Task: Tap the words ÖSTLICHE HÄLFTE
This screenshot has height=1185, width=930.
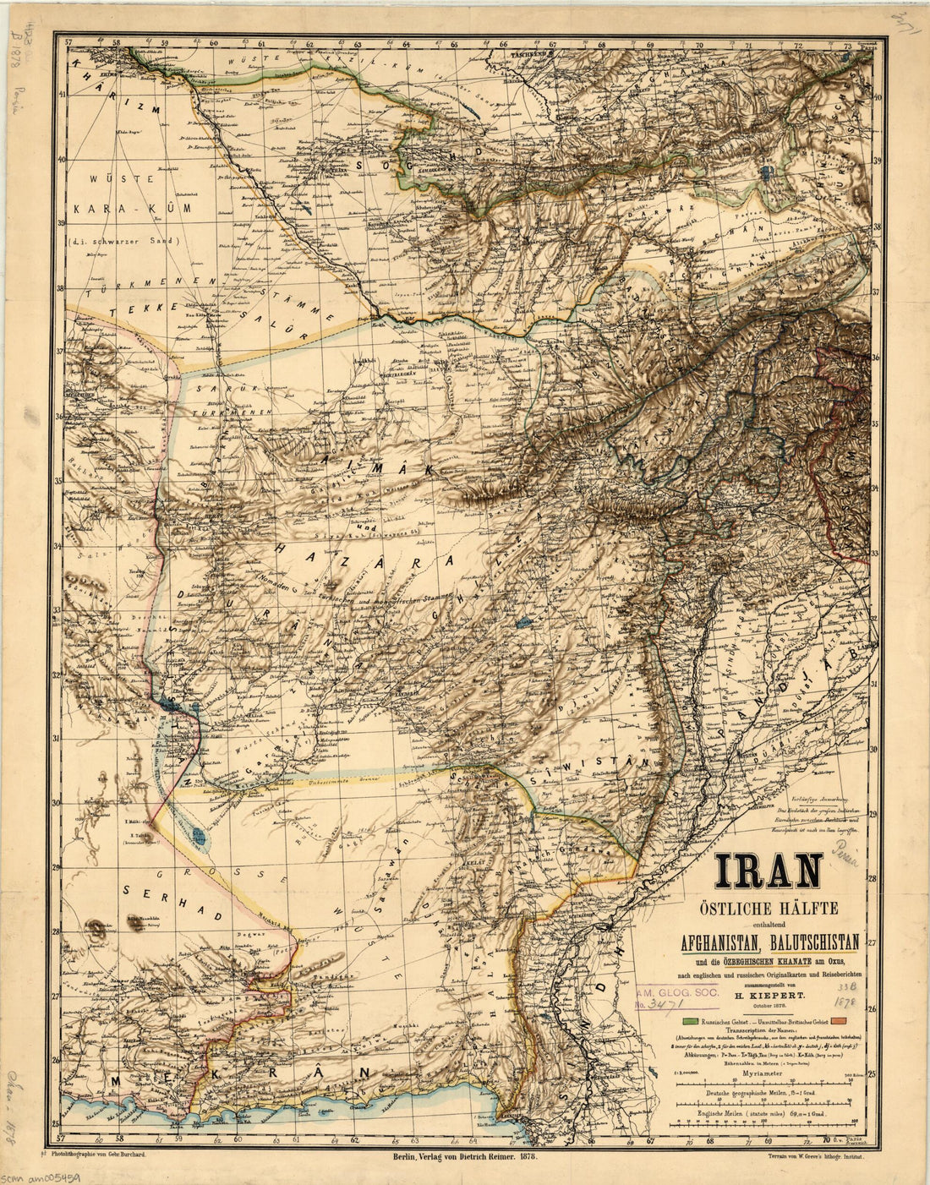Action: pos(767,909)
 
